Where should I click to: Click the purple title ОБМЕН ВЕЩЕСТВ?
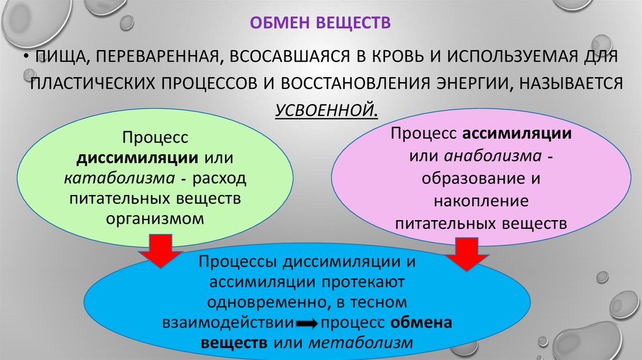click(320, 23)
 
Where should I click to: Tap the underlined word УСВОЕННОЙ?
click(325, 110)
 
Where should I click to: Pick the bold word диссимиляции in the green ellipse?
click(137, 157)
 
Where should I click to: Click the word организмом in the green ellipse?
click(155, 218)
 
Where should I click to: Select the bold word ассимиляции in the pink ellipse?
click(517, 134)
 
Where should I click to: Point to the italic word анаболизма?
click(493, 156)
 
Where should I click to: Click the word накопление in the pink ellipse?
click(481, 201)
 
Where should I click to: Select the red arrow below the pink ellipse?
click(466, 254)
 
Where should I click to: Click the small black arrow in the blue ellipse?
click(307, 324)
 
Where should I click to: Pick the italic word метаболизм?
click(360, 342)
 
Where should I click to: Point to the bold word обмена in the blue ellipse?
click(421, 322)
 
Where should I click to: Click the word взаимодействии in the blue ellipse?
click(228, 322)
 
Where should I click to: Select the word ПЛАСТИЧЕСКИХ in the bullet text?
click(93, 83)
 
